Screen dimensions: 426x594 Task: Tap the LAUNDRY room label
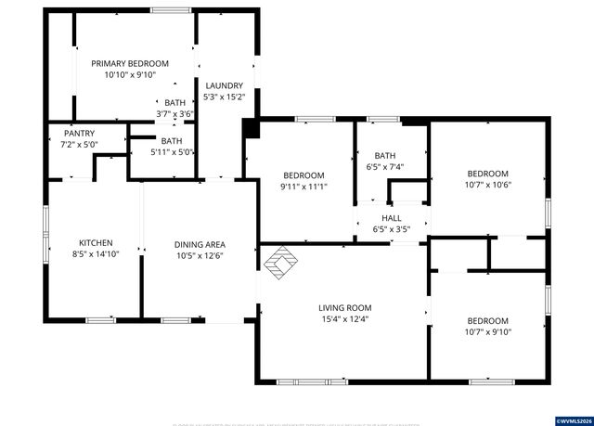pos(225,85)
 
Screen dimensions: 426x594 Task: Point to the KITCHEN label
pos(96,240)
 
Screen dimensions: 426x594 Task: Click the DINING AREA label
pos(200,244)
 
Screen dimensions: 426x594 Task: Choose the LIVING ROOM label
pos(345,308)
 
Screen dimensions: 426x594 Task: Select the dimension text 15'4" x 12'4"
pos(345,320)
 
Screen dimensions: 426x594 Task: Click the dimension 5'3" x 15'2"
pos(225,97)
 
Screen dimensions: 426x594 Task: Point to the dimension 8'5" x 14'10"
pos(96,252)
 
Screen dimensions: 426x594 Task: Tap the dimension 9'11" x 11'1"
pos(303,187)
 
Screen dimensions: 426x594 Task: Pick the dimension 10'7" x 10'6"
pos(487,184)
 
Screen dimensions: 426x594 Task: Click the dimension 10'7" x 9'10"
pos(487,331)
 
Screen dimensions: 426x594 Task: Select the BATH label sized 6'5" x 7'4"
pos(385,155)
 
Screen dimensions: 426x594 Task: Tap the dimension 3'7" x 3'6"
pos(174,114)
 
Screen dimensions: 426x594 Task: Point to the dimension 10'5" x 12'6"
pos(200,256)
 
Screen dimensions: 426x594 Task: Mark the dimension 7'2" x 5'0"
pos(79,145)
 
